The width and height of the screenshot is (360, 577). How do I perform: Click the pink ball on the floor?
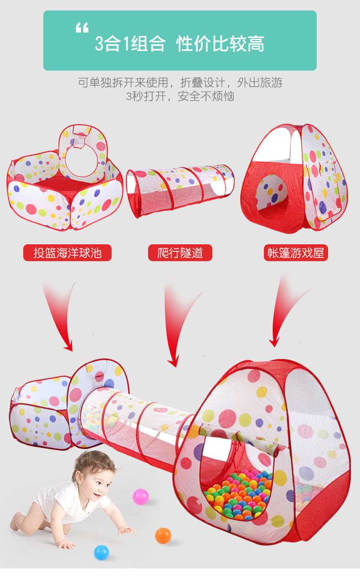(x=140, y=496)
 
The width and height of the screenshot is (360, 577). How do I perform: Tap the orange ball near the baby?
(x=163, y=536)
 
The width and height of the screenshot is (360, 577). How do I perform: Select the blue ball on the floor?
(x=102, y=552)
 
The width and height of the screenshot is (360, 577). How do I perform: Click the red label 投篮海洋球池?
(x=67, y=252)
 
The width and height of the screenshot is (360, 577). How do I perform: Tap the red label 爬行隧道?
(x=180, y=252)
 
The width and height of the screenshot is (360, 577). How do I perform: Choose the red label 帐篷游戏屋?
(x=296, y=252)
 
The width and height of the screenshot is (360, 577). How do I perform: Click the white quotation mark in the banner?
(x=82, y=29)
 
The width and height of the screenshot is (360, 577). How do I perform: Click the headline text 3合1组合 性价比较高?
(x=180, y=44)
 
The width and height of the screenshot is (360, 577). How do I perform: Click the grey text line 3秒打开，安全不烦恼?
(x=180, y=97)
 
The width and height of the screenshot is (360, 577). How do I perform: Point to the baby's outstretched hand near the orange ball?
(x=127, y=530)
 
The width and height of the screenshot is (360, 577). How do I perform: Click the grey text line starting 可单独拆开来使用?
(x=180, y=82)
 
